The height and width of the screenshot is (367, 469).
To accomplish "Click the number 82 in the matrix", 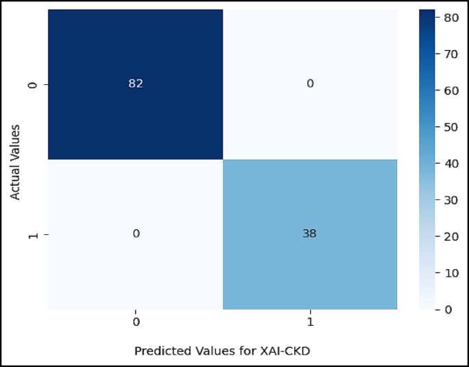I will click(x=136, y=84).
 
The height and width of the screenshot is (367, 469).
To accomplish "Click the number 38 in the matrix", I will click(x=309, y=234).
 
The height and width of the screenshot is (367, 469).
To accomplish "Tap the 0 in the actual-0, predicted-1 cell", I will click(x=309, y=84).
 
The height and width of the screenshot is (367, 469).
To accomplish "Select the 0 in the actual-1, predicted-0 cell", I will click(x=136, y=234).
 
